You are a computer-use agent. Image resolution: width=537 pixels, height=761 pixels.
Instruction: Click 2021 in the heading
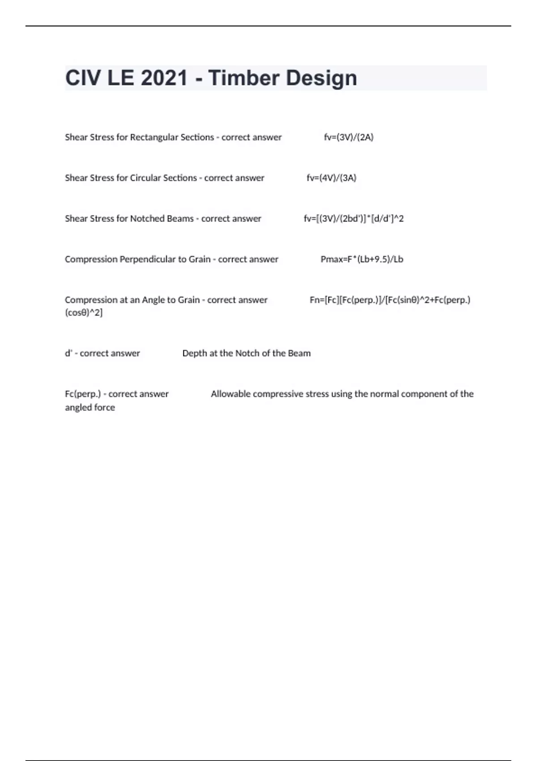(164, 78)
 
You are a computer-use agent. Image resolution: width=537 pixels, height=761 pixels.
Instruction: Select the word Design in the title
(321, 79)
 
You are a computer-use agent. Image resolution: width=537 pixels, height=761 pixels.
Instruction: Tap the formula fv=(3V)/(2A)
(349, 137)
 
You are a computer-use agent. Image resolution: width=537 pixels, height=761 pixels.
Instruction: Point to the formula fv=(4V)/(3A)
(331, 178)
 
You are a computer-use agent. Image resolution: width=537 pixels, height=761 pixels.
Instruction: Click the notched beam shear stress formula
(354, 219)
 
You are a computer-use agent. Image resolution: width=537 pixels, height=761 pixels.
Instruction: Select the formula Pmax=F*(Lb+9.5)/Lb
(362, 260)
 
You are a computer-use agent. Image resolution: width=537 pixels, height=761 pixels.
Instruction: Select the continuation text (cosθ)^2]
(84, 313)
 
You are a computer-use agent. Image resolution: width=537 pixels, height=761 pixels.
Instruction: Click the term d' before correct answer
(68, 354)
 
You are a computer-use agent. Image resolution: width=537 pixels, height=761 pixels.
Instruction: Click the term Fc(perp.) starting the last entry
(83, 394)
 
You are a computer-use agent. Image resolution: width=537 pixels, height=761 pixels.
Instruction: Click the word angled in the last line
(77, 408)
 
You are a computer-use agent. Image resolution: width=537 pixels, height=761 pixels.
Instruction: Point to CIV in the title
(83, 78)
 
